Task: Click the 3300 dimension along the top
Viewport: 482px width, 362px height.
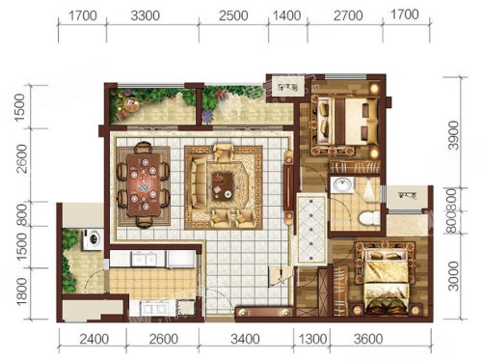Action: coord(145,15)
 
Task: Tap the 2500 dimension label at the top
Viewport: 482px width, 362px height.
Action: coord(233,15)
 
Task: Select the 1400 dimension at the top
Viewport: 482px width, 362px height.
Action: coord(286,15)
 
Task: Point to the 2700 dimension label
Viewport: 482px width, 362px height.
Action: coord(348,15)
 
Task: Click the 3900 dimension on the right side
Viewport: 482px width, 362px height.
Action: coord(454,135)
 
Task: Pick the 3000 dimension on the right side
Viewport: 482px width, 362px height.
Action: coord(453,276)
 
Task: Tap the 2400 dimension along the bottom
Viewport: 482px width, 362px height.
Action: coord(94,339)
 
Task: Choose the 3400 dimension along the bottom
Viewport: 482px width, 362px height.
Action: coord(245,339)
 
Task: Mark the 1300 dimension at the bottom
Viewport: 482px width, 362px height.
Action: coord(312,339)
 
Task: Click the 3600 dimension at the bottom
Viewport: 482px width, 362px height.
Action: coord(368,339)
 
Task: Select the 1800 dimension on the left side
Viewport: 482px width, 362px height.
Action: coord(21,292)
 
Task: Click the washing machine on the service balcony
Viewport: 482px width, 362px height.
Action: coord(94,239)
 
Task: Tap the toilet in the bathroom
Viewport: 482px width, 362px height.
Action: coord(370,218)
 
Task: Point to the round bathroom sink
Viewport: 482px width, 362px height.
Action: coord(342,185)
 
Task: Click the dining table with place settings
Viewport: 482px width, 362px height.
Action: coord(145,184)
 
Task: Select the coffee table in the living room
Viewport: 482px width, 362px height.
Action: coord(223,186)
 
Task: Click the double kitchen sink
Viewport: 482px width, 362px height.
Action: coord(143,259)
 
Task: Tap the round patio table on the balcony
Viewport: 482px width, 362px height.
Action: coord(131,104)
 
